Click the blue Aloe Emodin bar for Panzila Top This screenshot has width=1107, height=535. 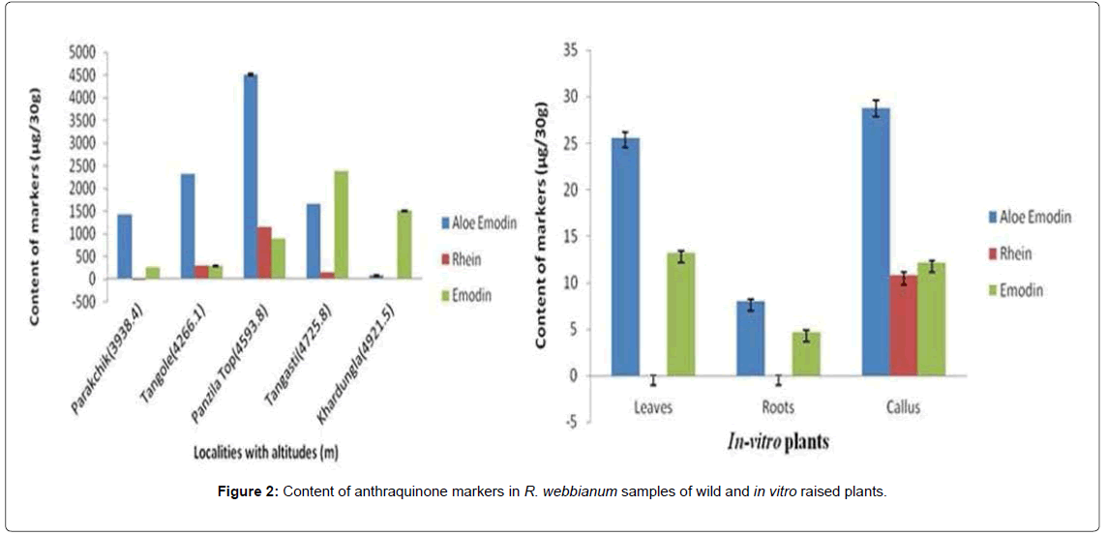[250, 176]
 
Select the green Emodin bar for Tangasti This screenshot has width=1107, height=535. [341, 225]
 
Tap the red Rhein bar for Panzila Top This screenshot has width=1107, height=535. [264, 253]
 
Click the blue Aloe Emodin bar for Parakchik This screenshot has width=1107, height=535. [124, 247]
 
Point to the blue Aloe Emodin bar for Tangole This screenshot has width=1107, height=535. [187, 226]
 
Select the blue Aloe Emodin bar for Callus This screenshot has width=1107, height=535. [876, 242]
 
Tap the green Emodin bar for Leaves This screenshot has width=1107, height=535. [681, 314]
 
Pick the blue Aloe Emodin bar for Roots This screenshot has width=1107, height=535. [751, 339]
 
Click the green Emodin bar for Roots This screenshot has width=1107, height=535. [806, 354]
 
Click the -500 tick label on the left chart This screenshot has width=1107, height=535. [83, 302]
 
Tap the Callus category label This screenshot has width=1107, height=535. [902, 407]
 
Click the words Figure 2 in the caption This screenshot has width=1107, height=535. [250, 491]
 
